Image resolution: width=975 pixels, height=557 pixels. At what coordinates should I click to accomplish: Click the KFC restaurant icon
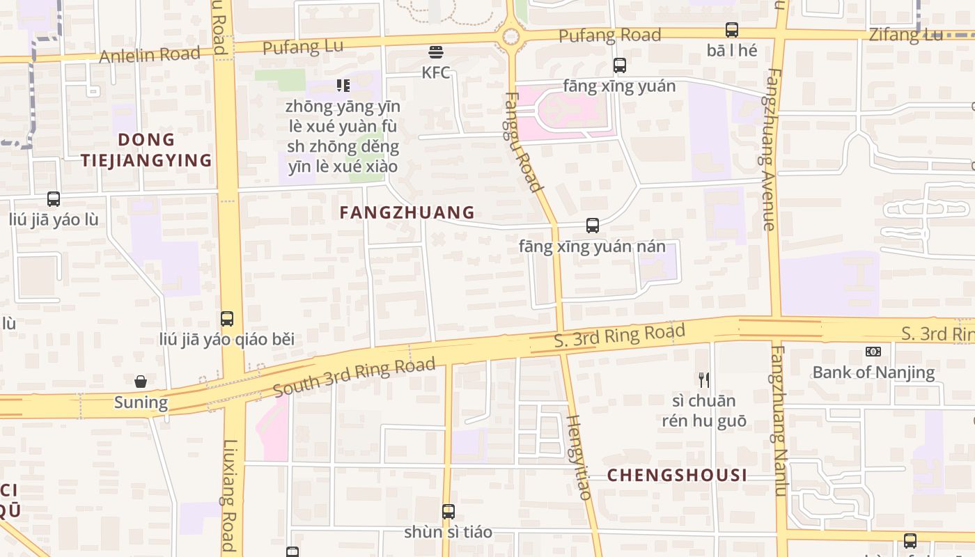click(x=436, y=52)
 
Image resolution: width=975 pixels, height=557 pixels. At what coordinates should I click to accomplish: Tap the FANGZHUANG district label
click(x=407, y=212)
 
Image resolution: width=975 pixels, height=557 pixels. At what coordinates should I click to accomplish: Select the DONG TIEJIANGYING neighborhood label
click(x=146, y=150)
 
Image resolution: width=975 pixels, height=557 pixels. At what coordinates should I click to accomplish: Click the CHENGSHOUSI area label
click(x=678, y=476)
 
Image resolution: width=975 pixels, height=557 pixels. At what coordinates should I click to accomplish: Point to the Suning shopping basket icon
click(x=141, y=382)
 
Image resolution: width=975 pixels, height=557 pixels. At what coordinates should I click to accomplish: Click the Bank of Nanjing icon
click(x=873, y=352)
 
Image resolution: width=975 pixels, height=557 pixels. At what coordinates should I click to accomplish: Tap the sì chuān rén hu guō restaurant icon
click(x=703, y=379)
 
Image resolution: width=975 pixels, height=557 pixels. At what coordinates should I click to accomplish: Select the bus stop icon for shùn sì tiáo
click(x=448, y=512)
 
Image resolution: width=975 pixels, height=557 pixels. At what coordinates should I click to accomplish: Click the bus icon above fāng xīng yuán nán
click(x=592, y=226)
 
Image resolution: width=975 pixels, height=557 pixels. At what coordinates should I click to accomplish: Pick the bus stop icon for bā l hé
click(x=731, y=30)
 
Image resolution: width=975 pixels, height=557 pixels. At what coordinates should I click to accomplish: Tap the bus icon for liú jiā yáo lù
click(x=54, y=199)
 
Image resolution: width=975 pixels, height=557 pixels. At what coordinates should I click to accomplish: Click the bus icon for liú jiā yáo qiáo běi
click(x=227, y=319)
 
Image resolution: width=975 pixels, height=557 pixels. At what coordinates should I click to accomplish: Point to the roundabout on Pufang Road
click(x=511, y=36)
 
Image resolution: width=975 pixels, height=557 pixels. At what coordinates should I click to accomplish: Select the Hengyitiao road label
click(x=579, y=457)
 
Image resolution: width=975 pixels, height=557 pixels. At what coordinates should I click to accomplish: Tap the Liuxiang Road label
click(x=229, y=494)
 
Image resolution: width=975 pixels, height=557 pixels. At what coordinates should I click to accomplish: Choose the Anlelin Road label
click(x=150, y=54)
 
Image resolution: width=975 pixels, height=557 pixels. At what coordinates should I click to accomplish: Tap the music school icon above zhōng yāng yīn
click(x=343, y=86)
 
